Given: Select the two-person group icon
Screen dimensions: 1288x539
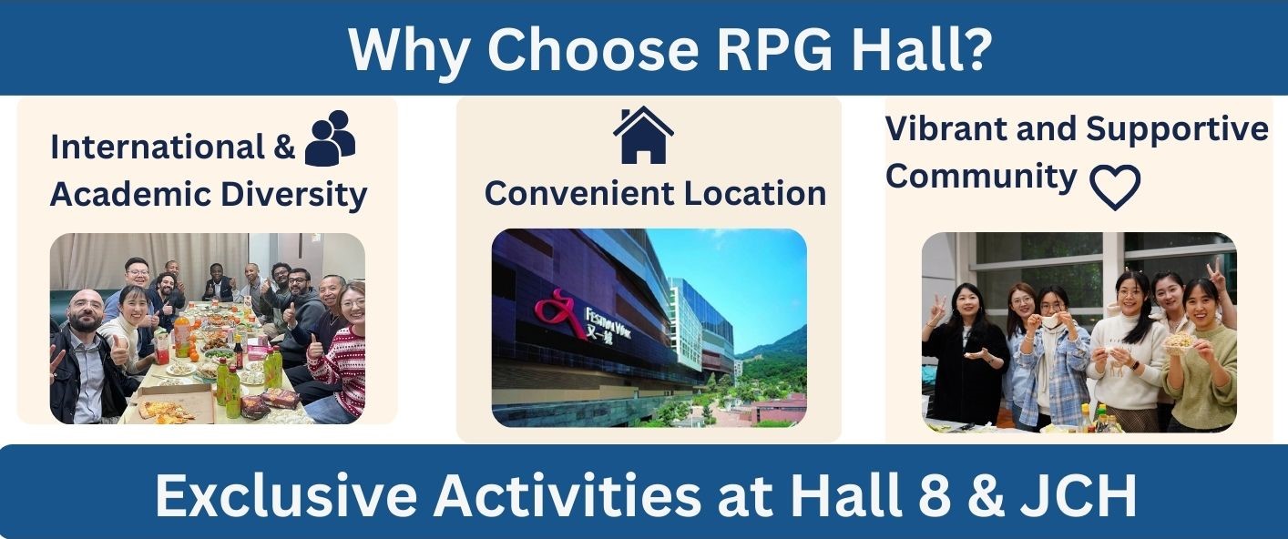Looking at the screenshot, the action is (x=330, y=137).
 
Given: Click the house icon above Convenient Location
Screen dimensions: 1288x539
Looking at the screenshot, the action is (x=643, y=135).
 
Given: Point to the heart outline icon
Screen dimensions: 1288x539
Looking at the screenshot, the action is (x=1115, y=187).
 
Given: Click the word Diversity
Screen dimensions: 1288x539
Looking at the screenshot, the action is (x=294, y=195).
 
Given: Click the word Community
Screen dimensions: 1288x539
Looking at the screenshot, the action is (x=981, y=177).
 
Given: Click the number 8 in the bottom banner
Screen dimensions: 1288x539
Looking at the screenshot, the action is (x=935, y=495).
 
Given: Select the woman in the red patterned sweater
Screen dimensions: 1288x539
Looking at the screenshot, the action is (x=339, y=353).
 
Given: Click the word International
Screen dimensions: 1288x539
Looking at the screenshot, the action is (x=158, y=147).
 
